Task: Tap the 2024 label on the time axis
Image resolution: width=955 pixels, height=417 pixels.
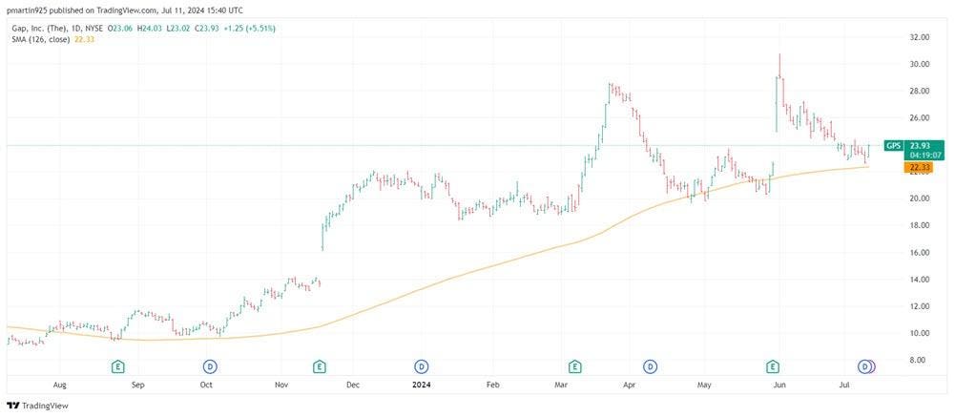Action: tap(422, 385)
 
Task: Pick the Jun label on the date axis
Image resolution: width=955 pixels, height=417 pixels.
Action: tap(779, 385)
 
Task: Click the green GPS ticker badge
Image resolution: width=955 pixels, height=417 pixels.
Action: tap(892, 146)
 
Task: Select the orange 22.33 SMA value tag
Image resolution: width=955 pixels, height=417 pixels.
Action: tap(920, 166)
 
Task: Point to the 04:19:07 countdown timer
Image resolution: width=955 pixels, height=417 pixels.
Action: tap(920, 155)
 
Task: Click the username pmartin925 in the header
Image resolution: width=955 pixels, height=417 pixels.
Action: tap(30, 9)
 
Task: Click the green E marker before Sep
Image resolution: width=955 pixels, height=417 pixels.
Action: tap(118, 366)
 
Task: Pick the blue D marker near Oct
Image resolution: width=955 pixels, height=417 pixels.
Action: tap(210, 366)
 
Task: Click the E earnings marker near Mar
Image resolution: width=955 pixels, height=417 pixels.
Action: tap(575, 366)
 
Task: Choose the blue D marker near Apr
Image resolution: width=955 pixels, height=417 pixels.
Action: tap(650, 366)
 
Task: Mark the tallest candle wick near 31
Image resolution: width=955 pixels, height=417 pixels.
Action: tap(779, 57)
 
